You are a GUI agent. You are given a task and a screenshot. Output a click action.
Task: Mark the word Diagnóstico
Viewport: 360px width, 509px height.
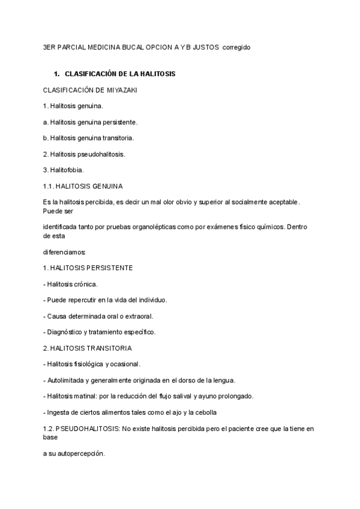(65, 331)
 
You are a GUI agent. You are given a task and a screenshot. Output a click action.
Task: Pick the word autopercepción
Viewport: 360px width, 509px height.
(77, 453)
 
